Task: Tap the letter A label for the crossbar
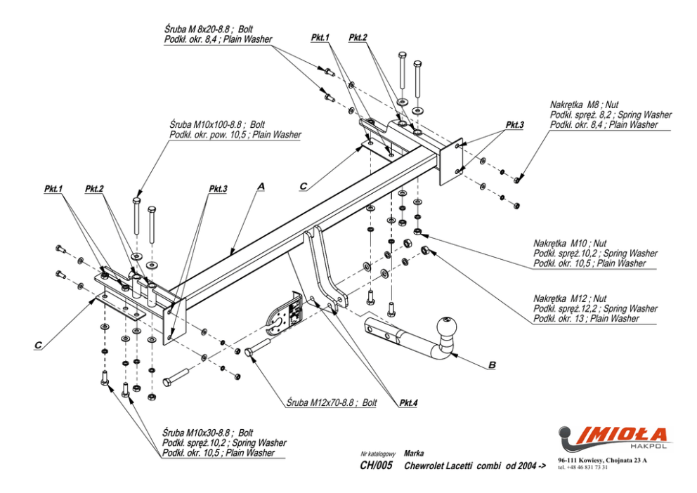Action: click(261, 186)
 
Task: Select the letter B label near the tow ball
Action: click(492, 365)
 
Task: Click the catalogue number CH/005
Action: click(376, 466)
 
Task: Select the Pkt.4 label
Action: click(408, 403)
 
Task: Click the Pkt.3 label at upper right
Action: click(514, 124)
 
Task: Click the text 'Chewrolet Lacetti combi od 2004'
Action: click(475, 466)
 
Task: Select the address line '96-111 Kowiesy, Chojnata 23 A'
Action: click(603, 460)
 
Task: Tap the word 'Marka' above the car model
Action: click(414, 454)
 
